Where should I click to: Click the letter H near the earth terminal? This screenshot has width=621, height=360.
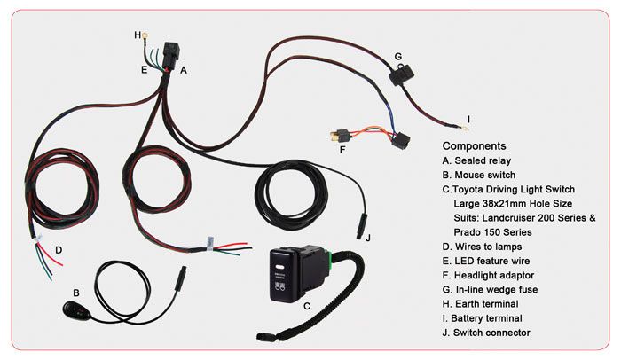pos(138,35)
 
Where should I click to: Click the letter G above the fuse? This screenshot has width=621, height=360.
pos(398,56)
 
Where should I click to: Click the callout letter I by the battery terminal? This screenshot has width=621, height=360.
pos(468,118)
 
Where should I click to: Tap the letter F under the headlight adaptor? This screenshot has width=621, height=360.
pos(342,150)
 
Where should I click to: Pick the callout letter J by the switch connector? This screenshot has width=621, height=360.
pos(368,237)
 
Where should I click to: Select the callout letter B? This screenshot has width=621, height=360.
pos(76,292)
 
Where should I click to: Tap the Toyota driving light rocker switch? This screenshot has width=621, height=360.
pos(294,275)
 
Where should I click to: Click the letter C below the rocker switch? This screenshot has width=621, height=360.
pos(306,307)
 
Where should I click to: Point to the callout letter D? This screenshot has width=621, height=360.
pos(58,249)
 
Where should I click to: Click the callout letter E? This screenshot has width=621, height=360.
pos(143,67)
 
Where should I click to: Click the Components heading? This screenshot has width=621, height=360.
pos(474,145)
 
